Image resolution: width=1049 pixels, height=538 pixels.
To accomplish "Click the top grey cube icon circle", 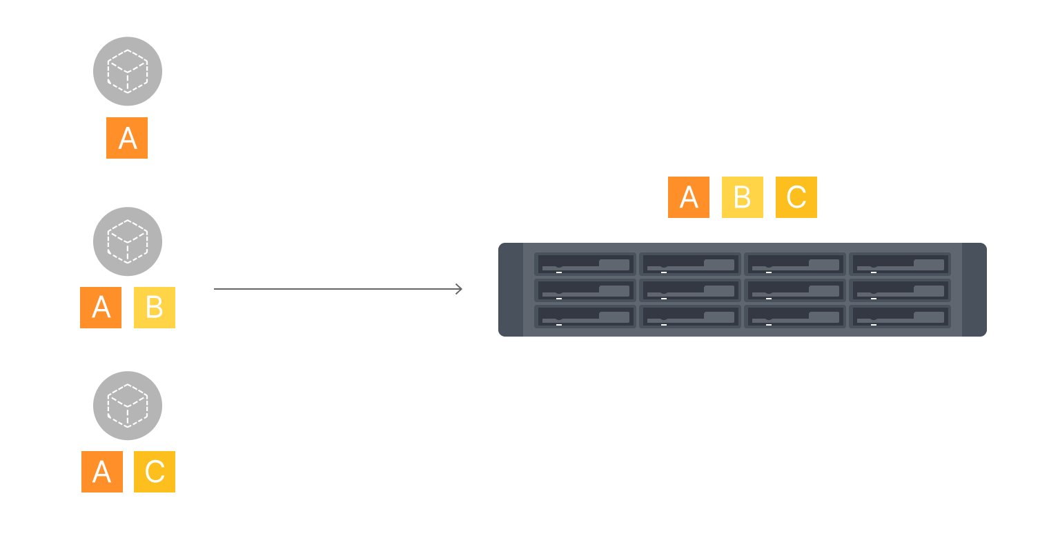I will click(x=128, y=71).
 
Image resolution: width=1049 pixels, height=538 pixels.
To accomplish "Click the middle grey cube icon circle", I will click(x=128, y=241).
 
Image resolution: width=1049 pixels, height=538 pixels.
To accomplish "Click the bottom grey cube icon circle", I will click(x=128, y=406).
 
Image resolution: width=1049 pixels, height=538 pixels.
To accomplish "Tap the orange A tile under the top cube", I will click(x=127, y=138).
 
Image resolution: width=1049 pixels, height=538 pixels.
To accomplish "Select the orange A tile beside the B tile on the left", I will click(x=101, y=308).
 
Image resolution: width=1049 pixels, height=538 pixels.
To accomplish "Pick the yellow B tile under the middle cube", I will click(x=155, y=308).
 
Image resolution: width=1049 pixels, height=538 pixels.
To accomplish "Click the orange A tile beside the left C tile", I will click(x=102, y=472).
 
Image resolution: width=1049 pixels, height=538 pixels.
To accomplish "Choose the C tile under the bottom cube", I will click(x=155, y=472).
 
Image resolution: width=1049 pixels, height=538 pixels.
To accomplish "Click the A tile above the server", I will click(x=689, y=197).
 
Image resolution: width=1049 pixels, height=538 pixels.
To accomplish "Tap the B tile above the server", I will click(x=743, y=197).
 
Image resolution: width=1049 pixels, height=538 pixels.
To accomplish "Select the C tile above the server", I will click(x=796, y=197).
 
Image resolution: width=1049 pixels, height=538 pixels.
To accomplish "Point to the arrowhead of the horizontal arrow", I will click(x=459, y=289).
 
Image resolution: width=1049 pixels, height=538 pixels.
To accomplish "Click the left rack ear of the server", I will click(x=511, y=290).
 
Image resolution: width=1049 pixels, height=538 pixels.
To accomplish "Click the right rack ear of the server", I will click(x=974, y=290).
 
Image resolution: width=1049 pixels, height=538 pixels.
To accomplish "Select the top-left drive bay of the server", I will click(x=585, y=264).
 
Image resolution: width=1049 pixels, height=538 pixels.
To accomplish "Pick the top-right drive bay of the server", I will click(x=900, y=264).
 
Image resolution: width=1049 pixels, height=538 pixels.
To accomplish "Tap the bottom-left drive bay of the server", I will click(x=585, y=317).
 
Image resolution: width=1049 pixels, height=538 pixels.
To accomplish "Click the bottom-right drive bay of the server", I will click(x=900, y=317).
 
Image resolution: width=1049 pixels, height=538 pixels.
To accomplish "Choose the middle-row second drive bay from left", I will click(x=690, y=290).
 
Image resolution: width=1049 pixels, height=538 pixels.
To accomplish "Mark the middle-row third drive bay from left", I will click(x=795, y=290).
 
